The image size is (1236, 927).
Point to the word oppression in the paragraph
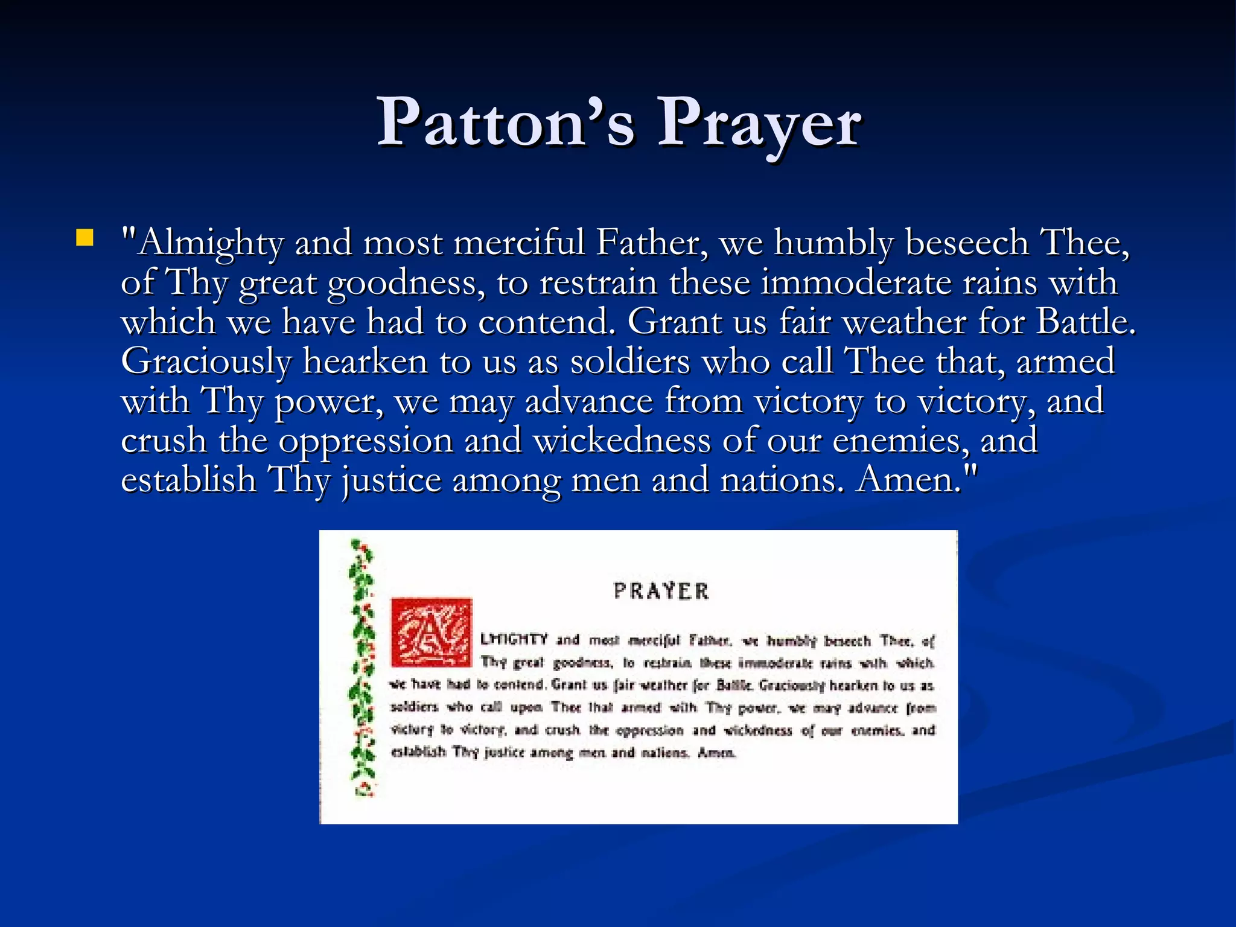tap(365, 441)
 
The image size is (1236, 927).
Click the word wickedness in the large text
tap(622, 440)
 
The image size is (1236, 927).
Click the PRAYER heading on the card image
tap(661, 591)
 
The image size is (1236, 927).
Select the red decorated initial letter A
tap(431, 632)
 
